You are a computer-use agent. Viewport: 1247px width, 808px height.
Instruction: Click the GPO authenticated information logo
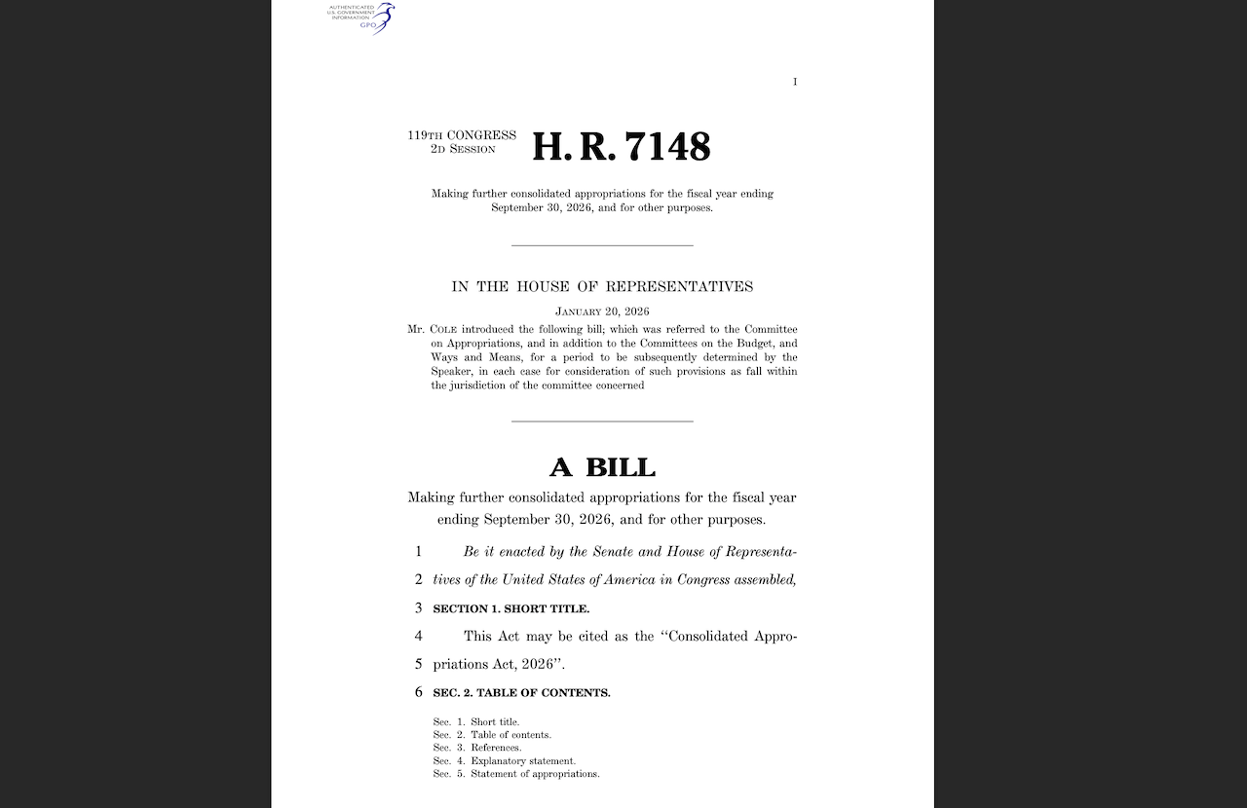tap(361, 17)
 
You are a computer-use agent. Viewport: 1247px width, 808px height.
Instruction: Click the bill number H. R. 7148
tap(622, 147)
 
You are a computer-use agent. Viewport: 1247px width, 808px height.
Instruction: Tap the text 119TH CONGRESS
tap(462, 135)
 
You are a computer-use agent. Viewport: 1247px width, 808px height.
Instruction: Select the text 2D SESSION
tap(463, 149)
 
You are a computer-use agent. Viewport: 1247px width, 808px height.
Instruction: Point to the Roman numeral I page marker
tap(795, 82)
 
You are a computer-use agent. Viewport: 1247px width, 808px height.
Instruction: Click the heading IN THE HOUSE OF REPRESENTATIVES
tap(602, 286)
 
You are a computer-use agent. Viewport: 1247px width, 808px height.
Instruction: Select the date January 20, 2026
tap(602, 312)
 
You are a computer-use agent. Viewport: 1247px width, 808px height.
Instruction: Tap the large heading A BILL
tap(602, 467)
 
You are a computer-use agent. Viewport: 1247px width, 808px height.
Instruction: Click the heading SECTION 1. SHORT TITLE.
tap(510, 608)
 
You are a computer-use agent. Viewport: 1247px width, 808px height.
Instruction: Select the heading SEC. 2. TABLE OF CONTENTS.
tap(521, 693)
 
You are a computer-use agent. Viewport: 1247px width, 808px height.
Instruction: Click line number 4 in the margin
tap(418, 636)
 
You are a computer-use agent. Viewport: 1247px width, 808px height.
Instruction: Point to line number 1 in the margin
tap(418, 551)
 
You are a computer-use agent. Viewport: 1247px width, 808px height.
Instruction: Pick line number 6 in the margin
tap(418, 692)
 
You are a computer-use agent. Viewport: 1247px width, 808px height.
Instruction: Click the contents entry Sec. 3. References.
tap(477, 748)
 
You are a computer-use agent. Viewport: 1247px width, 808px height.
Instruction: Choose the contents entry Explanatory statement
tap(523, 760)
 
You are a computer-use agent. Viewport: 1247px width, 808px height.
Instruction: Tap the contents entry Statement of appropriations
tap(535, 774)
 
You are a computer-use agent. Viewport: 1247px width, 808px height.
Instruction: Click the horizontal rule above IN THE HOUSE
tap(602, 245)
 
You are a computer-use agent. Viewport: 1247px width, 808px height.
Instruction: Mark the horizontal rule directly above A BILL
tap(602, 422)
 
